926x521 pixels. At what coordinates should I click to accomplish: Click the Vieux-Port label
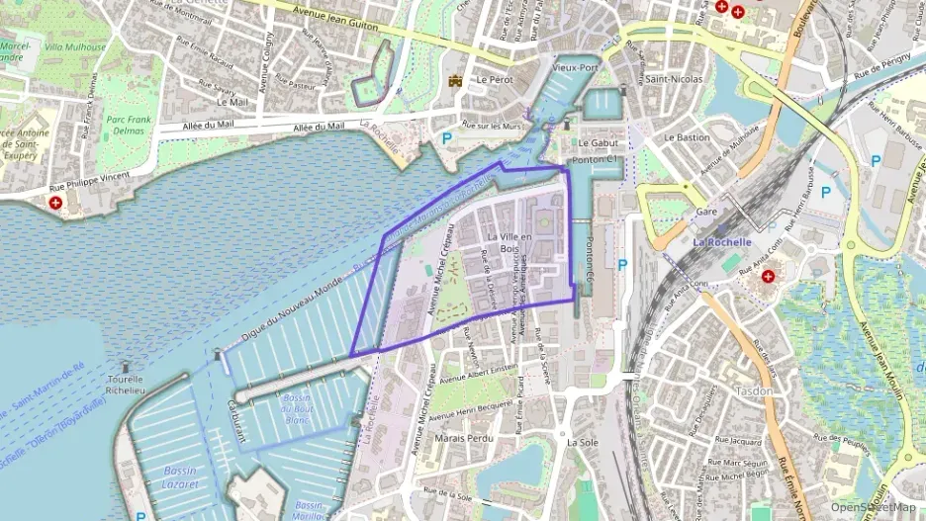[576, 68]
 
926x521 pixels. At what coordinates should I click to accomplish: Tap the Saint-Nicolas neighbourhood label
[675, 79]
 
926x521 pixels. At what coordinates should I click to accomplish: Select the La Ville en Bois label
[509, 242]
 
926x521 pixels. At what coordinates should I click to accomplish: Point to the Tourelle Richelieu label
[125, 385]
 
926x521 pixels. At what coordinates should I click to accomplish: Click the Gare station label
[706, 212]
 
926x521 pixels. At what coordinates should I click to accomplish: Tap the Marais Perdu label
[463, 437]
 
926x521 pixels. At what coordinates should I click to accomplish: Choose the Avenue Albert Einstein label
[479, 372]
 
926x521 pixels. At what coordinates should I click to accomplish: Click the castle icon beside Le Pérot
[455, 80]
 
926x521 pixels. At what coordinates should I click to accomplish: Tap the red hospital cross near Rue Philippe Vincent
[55, 203]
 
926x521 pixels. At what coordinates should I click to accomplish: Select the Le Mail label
[231, 102]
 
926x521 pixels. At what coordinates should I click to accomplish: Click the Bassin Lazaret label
[180, 478]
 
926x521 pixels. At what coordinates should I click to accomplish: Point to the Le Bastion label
[687, 137]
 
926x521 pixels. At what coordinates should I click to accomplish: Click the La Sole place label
[583, 443]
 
